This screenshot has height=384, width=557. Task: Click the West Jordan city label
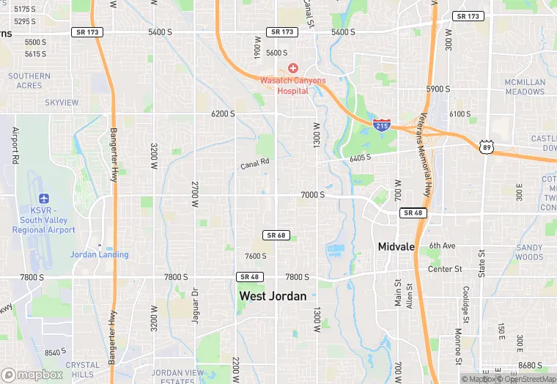pos(273,296)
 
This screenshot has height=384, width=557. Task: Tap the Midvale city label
pos(396,247)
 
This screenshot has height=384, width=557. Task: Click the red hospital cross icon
pos(293,68)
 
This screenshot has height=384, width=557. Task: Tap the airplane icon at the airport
pos(44,199)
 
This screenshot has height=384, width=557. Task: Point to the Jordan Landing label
pos(99,255)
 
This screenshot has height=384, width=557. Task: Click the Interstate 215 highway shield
pos(381,125)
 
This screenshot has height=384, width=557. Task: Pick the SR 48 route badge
pos(249,276)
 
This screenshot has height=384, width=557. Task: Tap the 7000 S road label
pos(312,195)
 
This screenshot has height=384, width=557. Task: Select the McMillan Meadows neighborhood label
pos(525,87)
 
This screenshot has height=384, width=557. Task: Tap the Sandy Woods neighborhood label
pos(529,253)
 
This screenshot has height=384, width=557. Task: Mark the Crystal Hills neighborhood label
pos(83,369)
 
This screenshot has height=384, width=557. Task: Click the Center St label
pos(445,269)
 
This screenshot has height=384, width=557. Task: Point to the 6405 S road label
pos(361,158)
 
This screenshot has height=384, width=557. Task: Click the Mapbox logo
pos(32,374)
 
